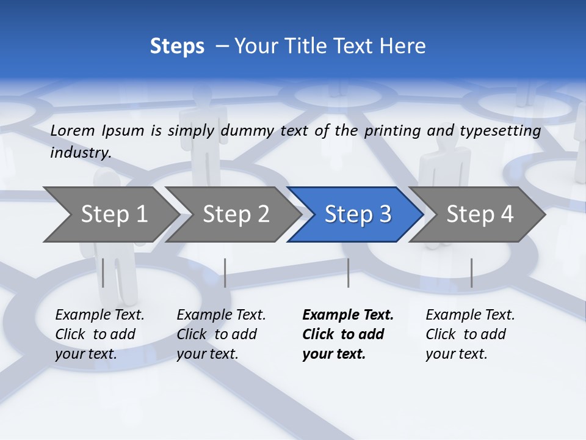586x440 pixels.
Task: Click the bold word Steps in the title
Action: [x=177, y=46]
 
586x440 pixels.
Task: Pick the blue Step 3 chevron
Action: [x=357, y=215]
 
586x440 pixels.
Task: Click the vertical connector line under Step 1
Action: [x=103, y=273]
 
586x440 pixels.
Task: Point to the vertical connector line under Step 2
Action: [x=225, y=273]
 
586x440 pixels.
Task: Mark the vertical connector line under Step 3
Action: [x=348, y=273]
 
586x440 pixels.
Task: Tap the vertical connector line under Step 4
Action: [x=471, y=273]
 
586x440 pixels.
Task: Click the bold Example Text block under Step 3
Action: [x=347, y=334]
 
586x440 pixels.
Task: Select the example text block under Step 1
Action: [x=99, y=334]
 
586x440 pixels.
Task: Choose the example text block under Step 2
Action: [x=221, y=334]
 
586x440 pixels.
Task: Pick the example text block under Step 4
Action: [x=470, y=334]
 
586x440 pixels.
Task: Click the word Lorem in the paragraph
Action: [x=73, y=130]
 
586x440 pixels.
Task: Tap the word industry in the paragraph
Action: [x=79, y=153]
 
